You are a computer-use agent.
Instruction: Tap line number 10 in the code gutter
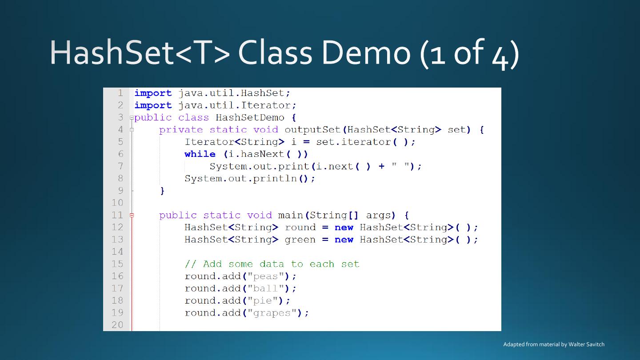117,203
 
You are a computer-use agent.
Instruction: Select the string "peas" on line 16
265,276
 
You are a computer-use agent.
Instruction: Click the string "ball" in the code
265,288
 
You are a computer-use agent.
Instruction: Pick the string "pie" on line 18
262,300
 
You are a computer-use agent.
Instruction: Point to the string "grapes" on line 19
272,313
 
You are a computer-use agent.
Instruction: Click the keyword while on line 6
200,154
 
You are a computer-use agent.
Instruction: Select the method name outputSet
312,130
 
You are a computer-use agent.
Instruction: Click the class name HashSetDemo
250,118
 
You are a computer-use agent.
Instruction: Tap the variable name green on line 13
300,240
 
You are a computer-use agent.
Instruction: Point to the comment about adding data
272,264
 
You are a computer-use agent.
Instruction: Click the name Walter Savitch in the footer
586,344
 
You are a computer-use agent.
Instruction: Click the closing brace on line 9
162,191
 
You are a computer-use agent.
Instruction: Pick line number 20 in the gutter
117,325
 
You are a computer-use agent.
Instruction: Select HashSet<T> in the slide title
140,53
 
